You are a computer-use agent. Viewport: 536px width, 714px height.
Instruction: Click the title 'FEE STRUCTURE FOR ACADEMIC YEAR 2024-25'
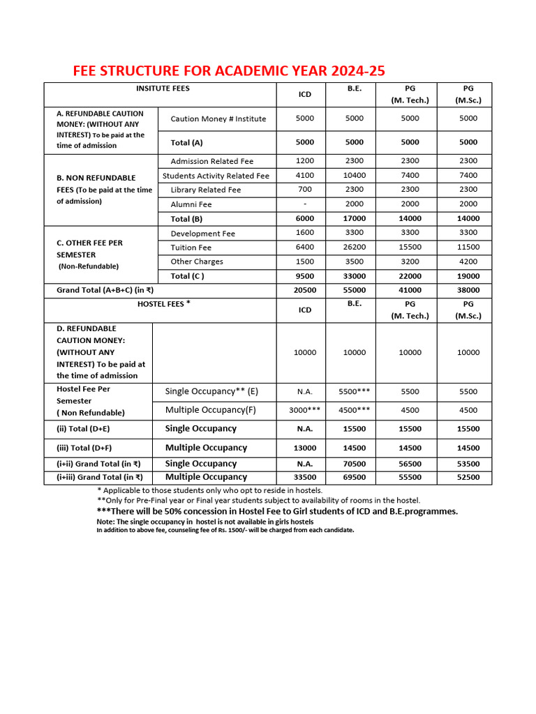(x=229, y=71)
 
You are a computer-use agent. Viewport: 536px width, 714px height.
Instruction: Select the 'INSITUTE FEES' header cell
(x=162, y=89)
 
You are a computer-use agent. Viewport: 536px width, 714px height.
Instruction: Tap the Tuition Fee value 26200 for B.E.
(x=354, y=248)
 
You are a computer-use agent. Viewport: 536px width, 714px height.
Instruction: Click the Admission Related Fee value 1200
(x=305, y=161)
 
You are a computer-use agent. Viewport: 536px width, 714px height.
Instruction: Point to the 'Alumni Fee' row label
(x=191, y=204)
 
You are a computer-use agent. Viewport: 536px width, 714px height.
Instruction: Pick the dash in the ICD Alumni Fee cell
(x=305, y=204)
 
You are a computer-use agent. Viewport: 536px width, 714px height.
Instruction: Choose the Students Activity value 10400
(x=354, y=176)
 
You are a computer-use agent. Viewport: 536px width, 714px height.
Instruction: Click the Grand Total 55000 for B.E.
(x=354, y=290)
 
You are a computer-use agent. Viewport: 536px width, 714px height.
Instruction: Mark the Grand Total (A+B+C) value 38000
(x=468, y=290)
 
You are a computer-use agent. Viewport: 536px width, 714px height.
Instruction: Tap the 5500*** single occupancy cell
(x=354, y=392)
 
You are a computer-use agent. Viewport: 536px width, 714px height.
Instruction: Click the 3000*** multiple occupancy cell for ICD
(x=305, y=411)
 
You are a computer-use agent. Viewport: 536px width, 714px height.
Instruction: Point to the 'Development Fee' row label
(x=202, y=234)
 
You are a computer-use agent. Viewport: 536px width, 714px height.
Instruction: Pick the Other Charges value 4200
(x=468, y=261)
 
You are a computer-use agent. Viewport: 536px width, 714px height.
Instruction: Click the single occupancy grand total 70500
(x=354, y=464)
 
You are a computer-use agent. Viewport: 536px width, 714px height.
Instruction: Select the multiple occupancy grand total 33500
(x=305, y=478)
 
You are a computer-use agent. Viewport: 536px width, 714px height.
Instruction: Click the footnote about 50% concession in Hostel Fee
(x=277, y=511)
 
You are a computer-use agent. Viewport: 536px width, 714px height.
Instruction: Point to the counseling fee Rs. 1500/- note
(x=225, y=530)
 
